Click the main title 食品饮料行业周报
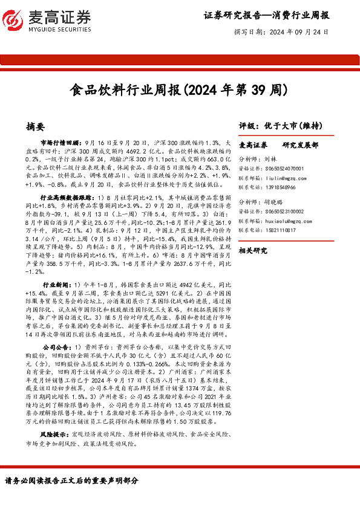[126, 90]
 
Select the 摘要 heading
[36, 127]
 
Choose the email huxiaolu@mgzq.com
[285, 221]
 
